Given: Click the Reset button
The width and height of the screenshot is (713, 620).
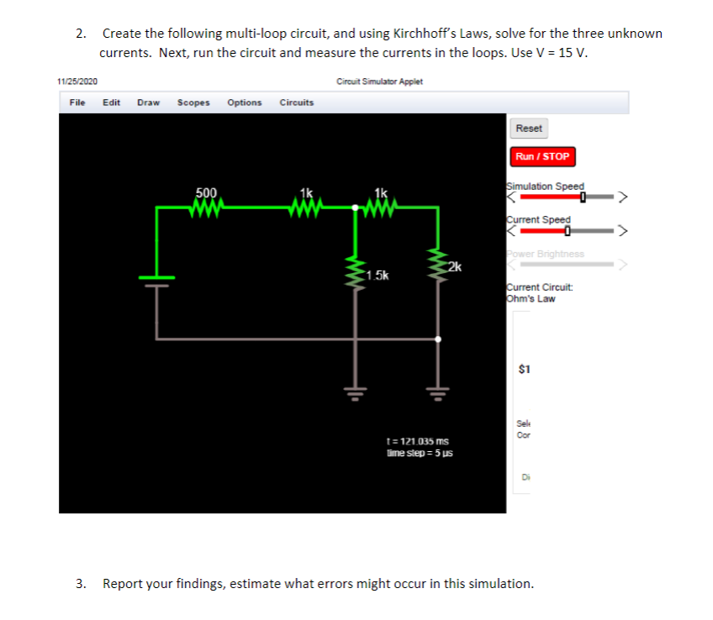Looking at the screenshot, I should (x=529, y=129).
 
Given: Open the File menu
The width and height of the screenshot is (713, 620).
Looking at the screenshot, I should (x=77, y=102).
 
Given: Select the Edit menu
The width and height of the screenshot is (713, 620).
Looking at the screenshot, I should (x=111, y=102).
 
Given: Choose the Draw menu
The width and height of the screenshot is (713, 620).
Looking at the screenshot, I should (x=148, y=102).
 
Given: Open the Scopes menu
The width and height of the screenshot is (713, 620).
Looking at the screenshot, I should (x=193, y=102).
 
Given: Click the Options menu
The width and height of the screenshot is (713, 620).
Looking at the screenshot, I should (x=244, y=102).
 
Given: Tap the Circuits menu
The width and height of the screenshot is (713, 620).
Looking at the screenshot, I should (x=296, y=102).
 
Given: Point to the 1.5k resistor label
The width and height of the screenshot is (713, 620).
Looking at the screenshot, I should (x=377, y=276).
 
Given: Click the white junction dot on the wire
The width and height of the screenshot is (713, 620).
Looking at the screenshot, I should (x=437, y=339).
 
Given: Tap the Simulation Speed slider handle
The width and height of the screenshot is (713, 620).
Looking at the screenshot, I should (x=582, y=197).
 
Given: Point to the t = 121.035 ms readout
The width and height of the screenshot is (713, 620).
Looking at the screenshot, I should (x=416, y=441).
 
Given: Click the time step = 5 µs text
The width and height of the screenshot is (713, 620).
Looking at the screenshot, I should (x=419, y=453).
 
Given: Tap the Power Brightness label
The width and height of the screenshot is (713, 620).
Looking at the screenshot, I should (x=545, y=254).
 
